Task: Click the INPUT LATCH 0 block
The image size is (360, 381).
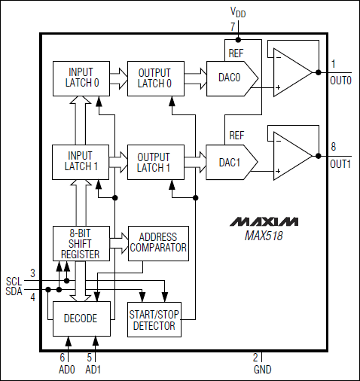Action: pyautogui.click(x=81, y=78)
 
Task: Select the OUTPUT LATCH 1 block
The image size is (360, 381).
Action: pyautogui.click(x=156, y=162)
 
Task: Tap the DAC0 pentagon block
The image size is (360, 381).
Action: pyautogui.click(x=232, y=78)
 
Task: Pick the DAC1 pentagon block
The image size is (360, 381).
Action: pyautogui.click(x=232, y=162)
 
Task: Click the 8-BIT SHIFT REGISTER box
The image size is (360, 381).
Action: pyautogui.click(x=81, y=243)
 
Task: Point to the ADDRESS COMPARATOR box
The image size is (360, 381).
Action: pyautogui.click(x=158, y=243)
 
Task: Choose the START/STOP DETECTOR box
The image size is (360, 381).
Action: pyautogui.click(x=154, y=319)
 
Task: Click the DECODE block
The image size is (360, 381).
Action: pyautogui.click(x=81, y=319)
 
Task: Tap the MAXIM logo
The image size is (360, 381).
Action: pyautogui.click(x=264, y=221)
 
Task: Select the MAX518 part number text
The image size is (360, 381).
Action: pyautogui.click(x=264, y=236)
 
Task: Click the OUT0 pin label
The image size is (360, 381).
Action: pyautogui.click(x=340, y=81)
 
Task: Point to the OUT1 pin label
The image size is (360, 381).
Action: pyautogui.click(x=340, y=164)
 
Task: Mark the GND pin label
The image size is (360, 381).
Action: pyautogui.click(x=263, y=370)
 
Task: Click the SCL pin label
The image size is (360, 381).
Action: pyautogui.click(x=14, y=282)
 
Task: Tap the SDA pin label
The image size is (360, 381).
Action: pyautogui.click(x=14, y=291)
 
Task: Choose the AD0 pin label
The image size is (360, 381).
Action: pyautogui.click(x=67, y=370)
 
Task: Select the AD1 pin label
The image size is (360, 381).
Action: pyautogui.click(x=93, y=370)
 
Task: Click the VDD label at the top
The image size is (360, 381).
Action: pyautogui.click(x=238, y=12)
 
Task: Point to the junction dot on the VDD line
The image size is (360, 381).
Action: pyautogui.click(x=238, y=40)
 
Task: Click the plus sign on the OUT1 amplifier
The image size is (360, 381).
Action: pyautogui.click(x=278, y=171)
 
